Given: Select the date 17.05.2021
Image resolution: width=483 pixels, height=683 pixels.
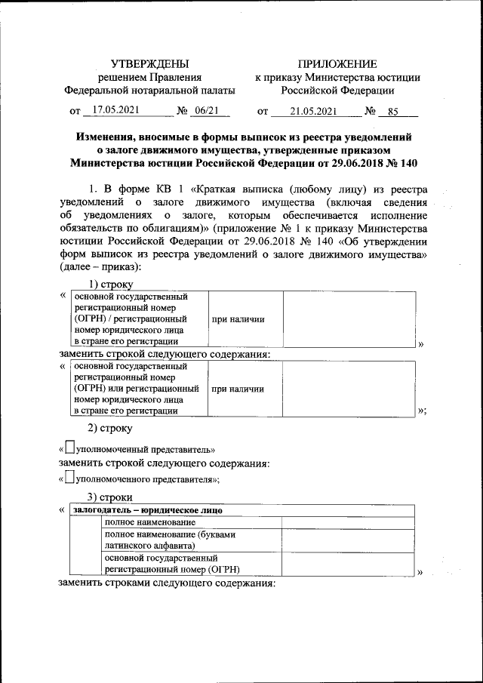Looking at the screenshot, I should click(113, 110).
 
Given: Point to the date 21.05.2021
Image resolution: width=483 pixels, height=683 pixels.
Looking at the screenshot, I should click(302, 111).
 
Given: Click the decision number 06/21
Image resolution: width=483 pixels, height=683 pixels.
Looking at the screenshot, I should click(205, 110).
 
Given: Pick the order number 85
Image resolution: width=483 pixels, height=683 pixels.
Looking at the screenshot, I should click(392, 111).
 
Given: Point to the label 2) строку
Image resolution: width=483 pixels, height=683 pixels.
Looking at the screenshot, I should click(111, 429).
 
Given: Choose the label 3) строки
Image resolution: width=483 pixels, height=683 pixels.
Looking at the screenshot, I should click(111, 497).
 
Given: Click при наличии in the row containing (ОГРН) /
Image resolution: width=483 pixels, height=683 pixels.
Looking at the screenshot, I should click(238, 319).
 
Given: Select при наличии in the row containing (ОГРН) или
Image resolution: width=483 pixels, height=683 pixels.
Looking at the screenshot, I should click(238, 389).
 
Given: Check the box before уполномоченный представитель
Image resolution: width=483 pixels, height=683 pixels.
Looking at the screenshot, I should click(70, 448).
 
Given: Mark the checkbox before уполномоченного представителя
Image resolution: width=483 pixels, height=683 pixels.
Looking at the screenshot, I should click(70, 477).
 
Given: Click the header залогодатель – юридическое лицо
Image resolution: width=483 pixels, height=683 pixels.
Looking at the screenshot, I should click(147, 509).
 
